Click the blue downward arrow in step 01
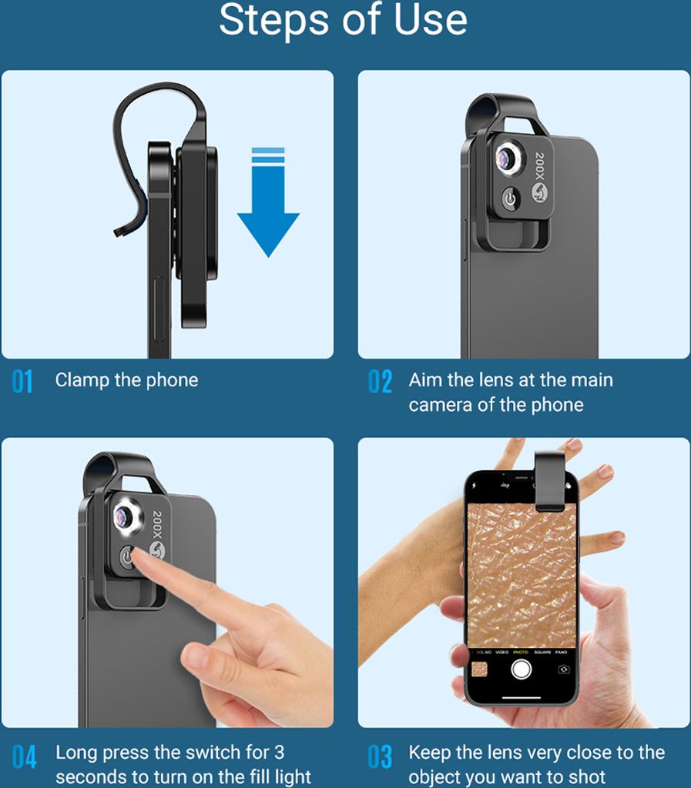click(x=269, y=201)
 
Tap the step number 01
click(x=22, y=382)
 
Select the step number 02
click(x=380, y=382)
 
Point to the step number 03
click(x=380, y=757)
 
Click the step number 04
click(x=24, y=757)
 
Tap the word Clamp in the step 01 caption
click(x=82, y=380)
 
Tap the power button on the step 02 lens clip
click(x=510, y=198)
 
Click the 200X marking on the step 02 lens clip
click(x=539, y=166)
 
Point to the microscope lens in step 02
click(x=508, y=159)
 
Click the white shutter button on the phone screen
click(x=521, y=669)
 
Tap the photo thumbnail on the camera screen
click(x=479, y=669)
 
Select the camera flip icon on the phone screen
click(x=564, y=669)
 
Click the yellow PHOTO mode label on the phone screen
click(x=521, y=652)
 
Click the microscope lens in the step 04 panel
click(x=126, y=517)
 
